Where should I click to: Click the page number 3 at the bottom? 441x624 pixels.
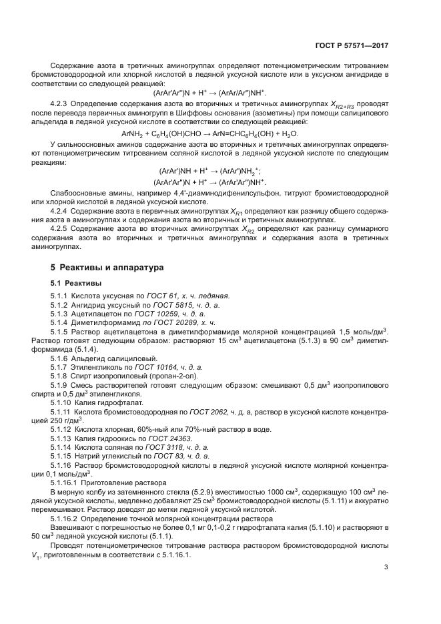386,568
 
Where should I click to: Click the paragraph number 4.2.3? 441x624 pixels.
59,105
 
